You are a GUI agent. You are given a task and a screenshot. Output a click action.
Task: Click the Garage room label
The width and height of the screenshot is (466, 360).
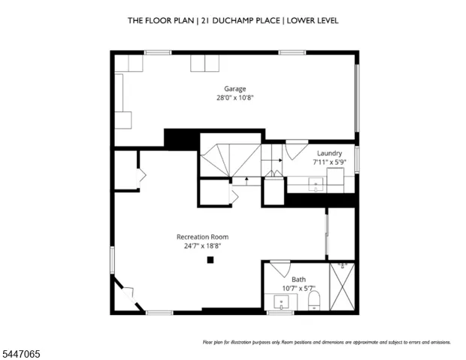point(235,89)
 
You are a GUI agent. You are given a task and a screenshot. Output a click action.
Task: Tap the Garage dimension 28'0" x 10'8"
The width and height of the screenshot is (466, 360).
point(235,98)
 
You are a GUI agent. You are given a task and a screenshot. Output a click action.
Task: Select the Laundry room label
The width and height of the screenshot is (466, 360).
point(329,153)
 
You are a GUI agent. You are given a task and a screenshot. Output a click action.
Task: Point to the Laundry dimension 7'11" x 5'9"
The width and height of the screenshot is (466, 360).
point(329,162)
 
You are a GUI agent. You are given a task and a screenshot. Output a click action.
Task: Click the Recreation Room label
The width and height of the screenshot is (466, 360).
point(202,237)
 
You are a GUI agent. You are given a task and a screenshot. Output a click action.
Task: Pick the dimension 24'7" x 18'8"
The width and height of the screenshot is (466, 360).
point(202,246)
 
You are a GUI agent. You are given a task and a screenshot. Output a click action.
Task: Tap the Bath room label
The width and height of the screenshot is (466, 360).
point(298,280)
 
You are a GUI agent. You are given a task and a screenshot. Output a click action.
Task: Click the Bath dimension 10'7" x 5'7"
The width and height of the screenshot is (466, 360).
point(298,289)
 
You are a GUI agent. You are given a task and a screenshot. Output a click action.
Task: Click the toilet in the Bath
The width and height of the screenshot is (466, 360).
point(314,300)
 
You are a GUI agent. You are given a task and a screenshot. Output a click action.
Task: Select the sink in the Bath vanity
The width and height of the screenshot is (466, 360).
point(281,303)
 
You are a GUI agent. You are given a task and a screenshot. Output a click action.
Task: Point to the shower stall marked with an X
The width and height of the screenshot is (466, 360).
point(342,286)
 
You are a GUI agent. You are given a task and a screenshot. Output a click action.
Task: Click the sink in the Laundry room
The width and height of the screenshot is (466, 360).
point(316,185)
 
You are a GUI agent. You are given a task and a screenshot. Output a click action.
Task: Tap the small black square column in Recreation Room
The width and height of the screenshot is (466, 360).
point(210,260)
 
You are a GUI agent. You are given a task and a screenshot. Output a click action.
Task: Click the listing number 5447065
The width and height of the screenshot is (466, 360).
point(21,354)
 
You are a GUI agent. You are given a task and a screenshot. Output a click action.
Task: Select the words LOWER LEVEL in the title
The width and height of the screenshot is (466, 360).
point(313,20)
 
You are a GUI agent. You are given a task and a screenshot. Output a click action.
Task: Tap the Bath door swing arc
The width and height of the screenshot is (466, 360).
point(282,269)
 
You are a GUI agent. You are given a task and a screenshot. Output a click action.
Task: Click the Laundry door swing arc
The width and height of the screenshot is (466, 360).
point(296,151)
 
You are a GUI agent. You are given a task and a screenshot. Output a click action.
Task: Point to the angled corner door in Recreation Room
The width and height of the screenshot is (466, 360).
point(129,295)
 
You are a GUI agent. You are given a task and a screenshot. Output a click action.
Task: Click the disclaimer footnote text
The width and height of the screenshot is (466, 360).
point(327,342)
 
